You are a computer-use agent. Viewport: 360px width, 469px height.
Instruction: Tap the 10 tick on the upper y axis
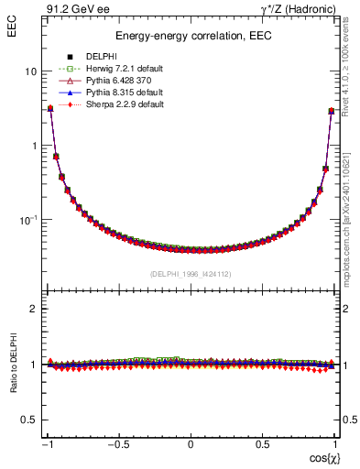31,71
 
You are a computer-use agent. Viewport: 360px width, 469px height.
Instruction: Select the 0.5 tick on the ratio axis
29,420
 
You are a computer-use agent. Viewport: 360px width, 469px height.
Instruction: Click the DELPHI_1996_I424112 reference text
191,274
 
